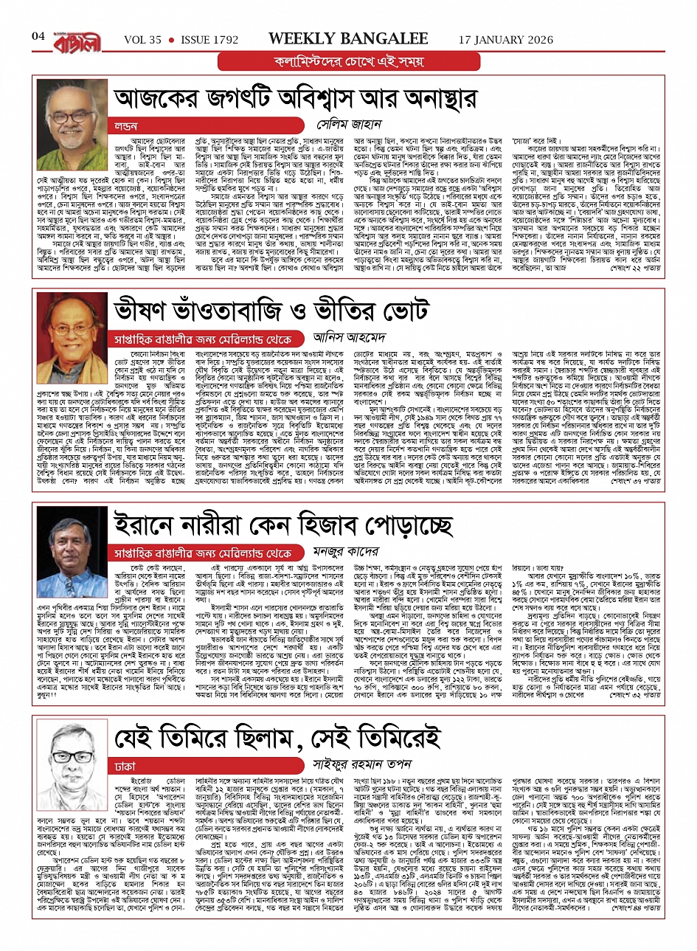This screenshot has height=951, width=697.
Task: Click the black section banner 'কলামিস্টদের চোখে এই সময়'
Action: [348, 61]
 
